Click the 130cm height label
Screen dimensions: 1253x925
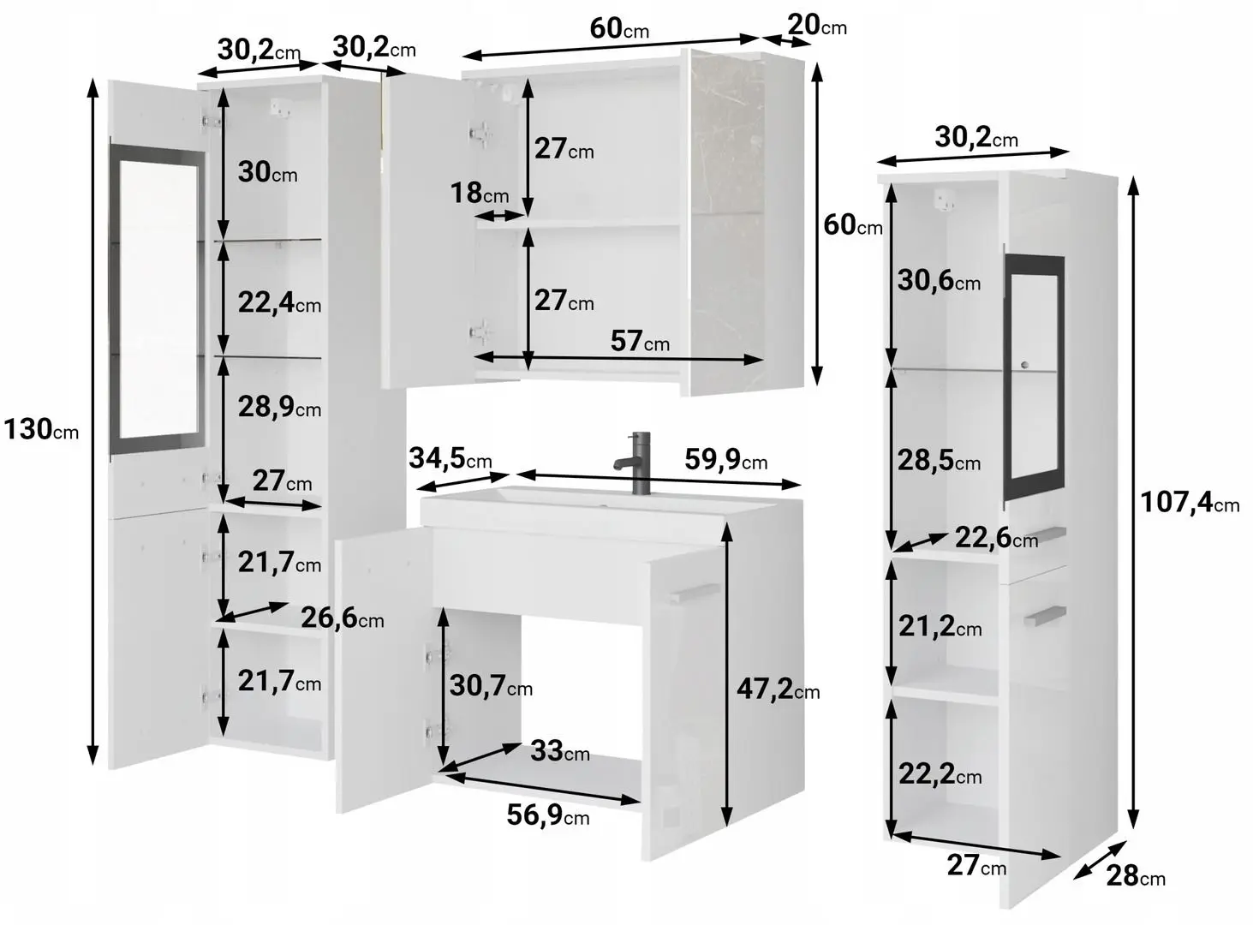coord(40,429)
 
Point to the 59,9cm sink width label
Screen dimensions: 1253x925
coord(726,459)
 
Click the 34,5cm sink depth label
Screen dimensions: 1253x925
coord(450,457)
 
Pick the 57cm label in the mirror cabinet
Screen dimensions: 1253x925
coord(640,341)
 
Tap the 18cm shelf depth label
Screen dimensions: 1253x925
coord(480,193)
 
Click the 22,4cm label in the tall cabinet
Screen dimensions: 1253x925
coord(279,302)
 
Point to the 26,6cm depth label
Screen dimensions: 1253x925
coord(342,618)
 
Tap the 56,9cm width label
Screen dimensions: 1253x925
coord(547,815)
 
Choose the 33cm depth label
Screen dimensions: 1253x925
coord(560,751)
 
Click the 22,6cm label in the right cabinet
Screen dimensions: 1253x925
coord(997,537)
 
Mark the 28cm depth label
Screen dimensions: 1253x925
coord(1136,876)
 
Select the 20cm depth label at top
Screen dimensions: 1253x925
coord(817,25)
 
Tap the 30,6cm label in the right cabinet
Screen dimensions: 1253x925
coord(939,280)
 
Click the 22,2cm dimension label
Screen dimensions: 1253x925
coord(940,773)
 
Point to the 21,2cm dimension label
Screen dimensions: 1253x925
coord(940,626)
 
